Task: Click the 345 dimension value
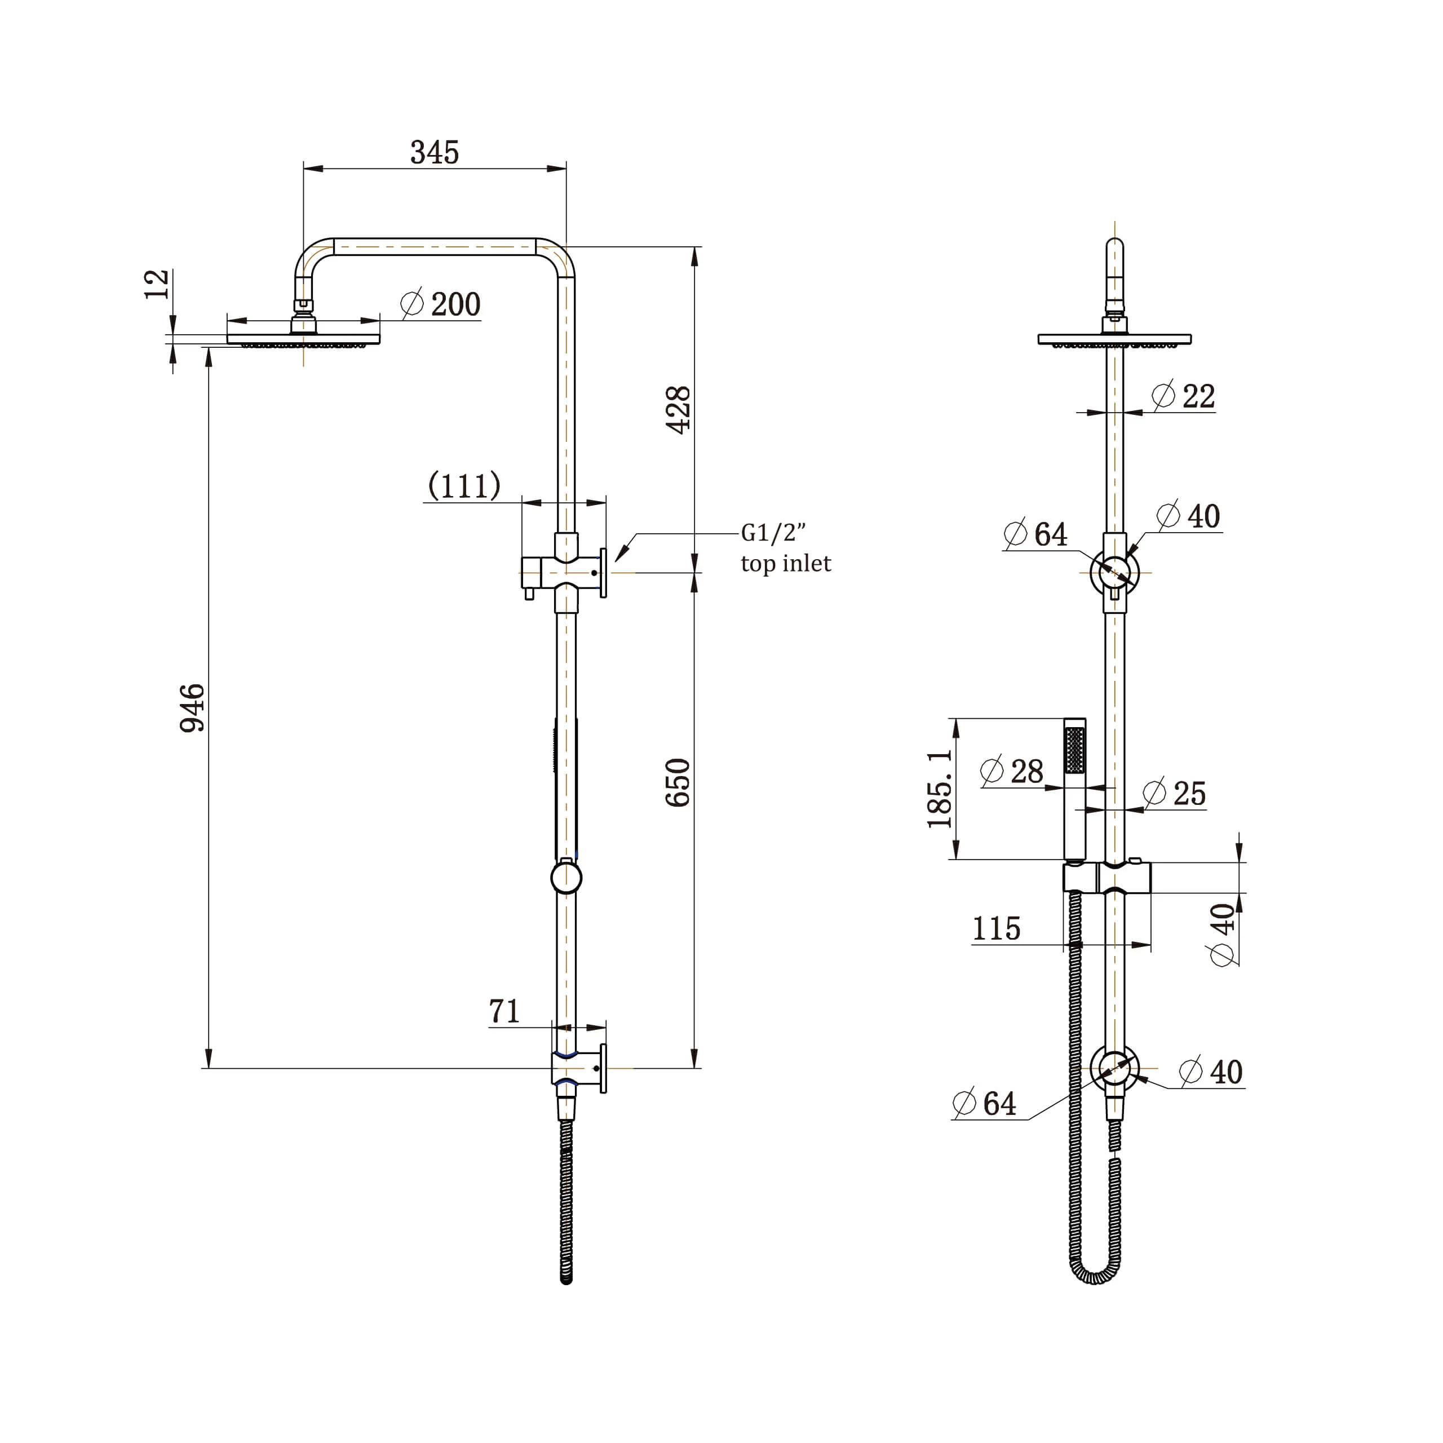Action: pyautogui.click(x=434, y=152)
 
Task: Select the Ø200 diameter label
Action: pyautogui.click(x=441, y=304)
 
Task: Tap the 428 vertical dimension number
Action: pyautogui.click(x=678, y=410)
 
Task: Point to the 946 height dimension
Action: pyautogui.click(x=192, y=707)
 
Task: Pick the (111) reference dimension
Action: pyautogui.click(x=464, y=485)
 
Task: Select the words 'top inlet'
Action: pyautogui.click(x=786, y=563)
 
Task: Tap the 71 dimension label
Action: pyautogui.click(x=504, y=1011)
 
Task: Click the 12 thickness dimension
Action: pyautogui.click(x=157, y=285)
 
